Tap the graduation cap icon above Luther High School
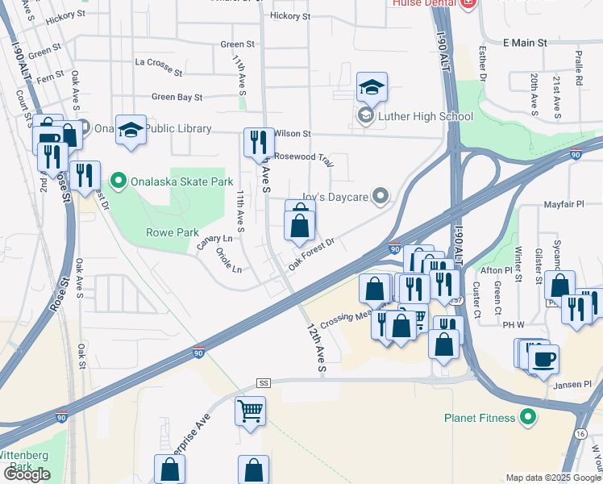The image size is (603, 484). point(372,87)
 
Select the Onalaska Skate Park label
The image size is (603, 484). point(170,180)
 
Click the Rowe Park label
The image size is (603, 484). point(172,232)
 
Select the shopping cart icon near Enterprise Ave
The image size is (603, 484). point(251,410)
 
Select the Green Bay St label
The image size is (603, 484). point(177,97)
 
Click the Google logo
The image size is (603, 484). point(27,474)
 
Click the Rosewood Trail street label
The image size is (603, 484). point(303,157)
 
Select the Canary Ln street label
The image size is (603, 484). point(215,240)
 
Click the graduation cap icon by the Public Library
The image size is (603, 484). point(131,130)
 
